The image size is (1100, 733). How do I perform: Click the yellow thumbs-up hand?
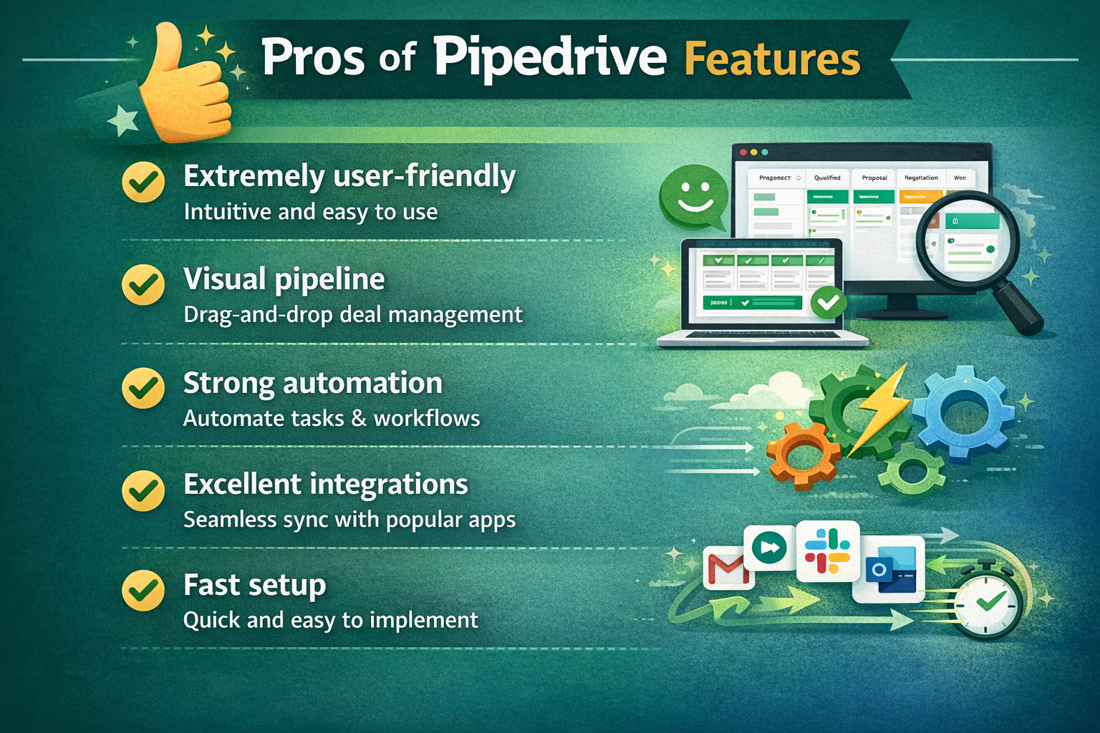tap(185, 89)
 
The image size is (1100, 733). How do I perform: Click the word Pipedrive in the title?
tap(549, 57)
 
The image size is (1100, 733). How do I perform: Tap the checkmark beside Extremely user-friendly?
tap(143, 182)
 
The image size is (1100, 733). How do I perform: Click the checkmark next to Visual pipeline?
tap(143, 285)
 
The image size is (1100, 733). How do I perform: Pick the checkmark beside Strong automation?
tap(143, 388)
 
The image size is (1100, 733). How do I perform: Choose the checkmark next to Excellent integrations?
tap(143, 490)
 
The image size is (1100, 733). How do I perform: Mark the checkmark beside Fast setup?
tap(143, 591)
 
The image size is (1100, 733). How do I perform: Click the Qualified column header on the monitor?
tap(827, 178)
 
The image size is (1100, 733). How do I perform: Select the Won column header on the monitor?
tap(960, 178)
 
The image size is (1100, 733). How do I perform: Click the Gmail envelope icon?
tap(728, 569)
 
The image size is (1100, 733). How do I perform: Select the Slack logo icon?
tap(827, 551)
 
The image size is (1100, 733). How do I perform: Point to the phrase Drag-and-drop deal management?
tap(352, 315)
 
